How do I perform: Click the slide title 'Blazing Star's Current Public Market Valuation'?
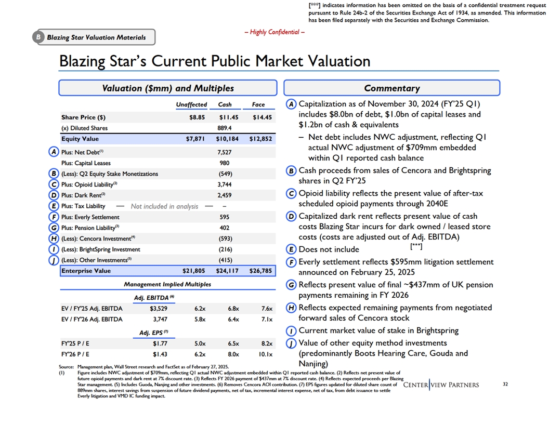215,61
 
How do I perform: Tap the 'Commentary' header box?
391,88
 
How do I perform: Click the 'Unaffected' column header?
191,104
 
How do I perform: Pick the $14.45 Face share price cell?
262,117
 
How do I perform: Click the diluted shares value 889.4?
225,128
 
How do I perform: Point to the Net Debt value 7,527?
225,152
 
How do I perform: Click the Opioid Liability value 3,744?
225,184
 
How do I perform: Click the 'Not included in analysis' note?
164,206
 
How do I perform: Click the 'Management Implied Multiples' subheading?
167,284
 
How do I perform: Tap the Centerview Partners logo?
441,385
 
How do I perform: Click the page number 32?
506,385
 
